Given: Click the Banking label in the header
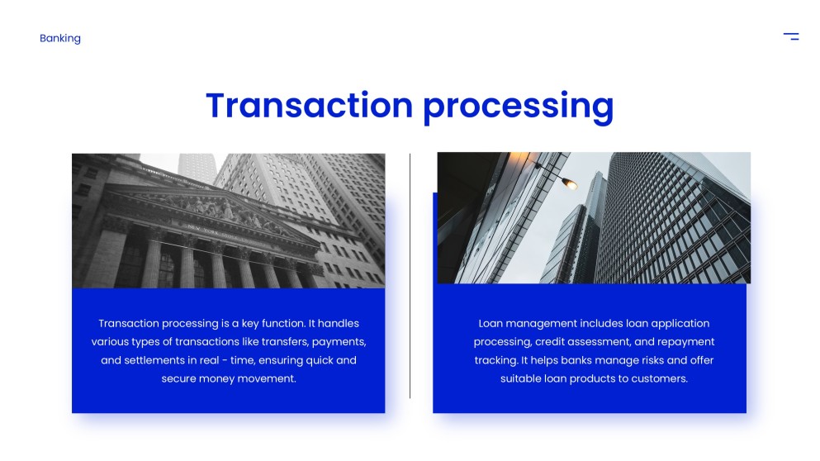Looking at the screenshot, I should pos(60,38).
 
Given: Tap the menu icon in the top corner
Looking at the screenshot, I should pos(790,36).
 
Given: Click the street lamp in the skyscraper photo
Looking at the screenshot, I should pos(569,183).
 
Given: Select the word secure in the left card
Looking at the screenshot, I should pos(179,378).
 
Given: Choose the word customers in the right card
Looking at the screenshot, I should pos(659,378).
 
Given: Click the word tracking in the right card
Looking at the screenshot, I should pos(495,360).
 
